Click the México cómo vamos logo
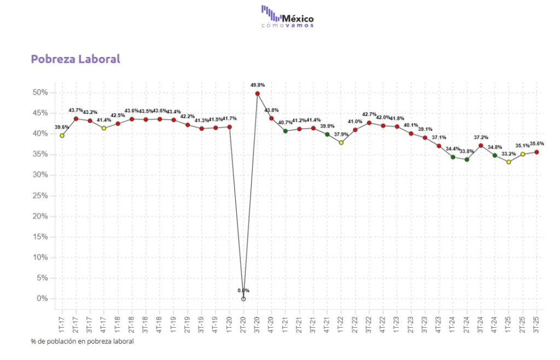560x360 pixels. pyautogui.click(x=288, y=16)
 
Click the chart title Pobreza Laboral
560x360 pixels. pyautogui.click(x=75, y=59)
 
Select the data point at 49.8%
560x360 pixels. pyautogui.click(x=258, y=94)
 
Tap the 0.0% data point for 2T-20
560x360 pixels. pyautogui.click(x=243, y=299)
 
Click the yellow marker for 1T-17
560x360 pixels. pyautogui.click(x=62, y=135)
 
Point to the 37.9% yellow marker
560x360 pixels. pyautogui.click(x=341, y=142)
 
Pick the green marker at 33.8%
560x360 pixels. pyautogui.click(x=466, y=159)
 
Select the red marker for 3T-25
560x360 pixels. pyautogui.click(x=536, y=152)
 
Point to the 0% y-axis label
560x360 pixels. pyautogui.click(x=43, y=299)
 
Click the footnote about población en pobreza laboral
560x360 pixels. pyautogui.click(x=82, y=341)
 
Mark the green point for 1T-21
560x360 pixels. pyautogui.click(x=285, y=131)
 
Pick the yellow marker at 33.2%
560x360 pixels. pyautogui.click(x=509, y=162)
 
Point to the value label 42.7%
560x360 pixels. pyautogui.click(x=369, y=115)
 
